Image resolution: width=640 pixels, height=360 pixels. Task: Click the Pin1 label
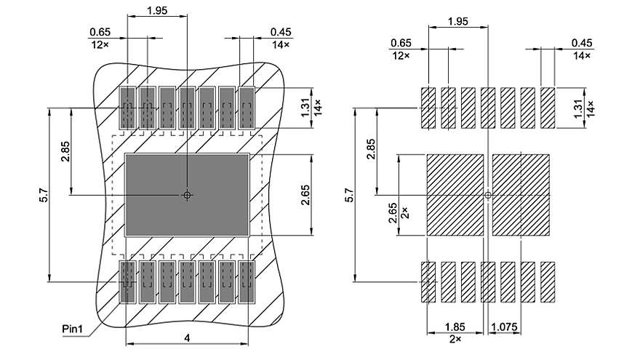pos(73,329)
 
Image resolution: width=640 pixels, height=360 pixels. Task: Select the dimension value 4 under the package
pos(187,338)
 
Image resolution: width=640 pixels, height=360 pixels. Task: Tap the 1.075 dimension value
pos(505,327)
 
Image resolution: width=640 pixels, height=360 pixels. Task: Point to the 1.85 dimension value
pos(455,327)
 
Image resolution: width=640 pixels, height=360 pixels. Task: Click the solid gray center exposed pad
pos(187,195)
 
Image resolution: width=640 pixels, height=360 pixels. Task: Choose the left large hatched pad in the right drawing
pos(455,195)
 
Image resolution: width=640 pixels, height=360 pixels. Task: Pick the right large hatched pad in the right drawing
pos(521,195)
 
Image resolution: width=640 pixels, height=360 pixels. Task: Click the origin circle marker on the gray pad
pos(187,195)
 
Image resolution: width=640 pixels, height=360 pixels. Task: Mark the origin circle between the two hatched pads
pos(488,195)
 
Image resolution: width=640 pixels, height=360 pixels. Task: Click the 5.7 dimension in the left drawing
pos(44,194)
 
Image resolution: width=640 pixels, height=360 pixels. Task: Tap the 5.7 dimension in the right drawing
pos(349,194)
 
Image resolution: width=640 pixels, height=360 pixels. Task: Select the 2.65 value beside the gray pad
pos(305,195)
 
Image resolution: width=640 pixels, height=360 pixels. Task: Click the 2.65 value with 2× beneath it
pos(393,212)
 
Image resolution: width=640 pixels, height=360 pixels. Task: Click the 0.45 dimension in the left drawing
pos(280,32)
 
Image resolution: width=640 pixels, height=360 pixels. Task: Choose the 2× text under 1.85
pos(455,339)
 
